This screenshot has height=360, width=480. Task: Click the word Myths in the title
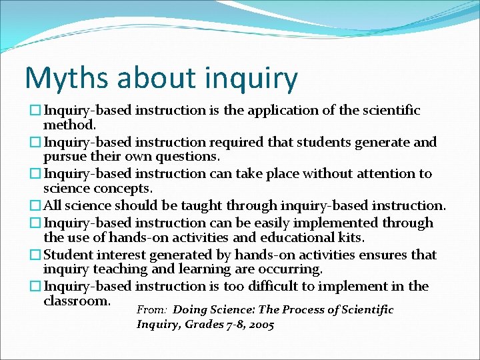pos(59,79)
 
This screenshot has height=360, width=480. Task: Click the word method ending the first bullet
pos(70,125)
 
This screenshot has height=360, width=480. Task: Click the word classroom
pos(77,301)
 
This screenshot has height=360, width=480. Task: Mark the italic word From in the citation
pos(149,310)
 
